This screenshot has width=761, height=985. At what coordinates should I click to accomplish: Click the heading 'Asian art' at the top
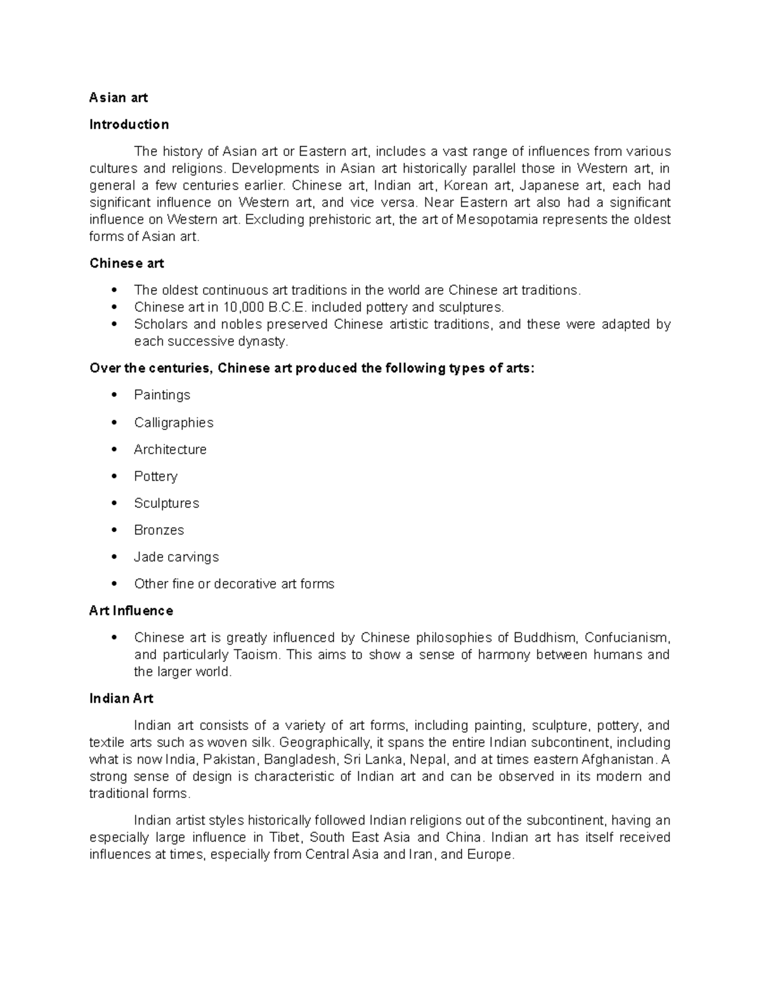[x=119, y=98]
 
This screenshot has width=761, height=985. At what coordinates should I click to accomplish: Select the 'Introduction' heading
[x=129, y=124]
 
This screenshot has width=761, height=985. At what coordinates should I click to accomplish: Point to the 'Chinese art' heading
[x=127, y=263]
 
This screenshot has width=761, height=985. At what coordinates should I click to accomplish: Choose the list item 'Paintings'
[x=162, y=395]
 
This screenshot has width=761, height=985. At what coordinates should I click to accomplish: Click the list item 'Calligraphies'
[x=173, y=422]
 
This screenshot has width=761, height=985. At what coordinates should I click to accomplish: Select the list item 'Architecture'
[x=170, y=450]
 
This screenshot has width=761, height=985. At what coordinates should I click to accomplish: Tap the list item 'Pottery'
[x=155, y=476]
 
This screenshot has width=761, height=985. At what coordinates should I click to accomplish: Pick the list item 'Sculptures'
[x=166, y=504]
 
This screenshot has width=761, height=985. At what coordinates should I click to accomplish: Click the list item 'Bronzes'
[x=159, y=530]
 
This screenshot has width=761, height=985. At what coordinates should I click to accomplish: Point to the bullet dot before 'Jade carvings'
[x=114, y=557]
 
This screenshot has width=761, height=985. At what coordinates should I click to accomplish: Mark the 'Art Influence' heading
[x=131, y=611]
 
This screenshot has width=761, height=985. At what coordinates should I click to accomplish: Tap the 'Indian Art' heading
[x=121, y=698]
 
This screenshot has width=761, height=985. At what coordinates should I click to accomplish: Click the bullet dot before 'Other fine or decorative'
[x=114, y=584]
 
